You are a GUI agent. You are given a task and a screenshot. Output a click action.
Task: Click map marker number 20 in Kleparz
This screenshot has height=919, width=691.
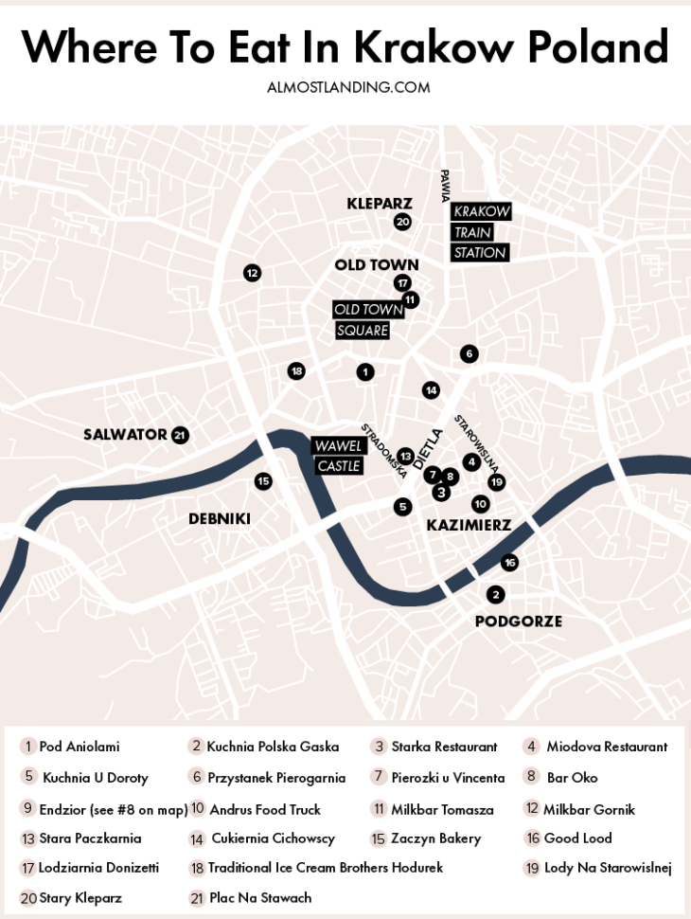(402, 222)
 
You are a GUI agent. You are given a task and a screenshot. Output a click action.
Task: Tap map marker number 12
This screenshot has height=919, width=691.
(252, 273)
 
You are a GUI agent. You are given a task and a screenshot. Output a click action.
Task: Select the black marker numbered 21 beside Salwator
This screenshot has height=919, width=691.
(180, 435)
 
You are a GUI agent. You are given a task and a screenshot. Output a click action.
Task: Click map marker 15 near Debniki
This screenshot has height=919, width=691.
(263, 481)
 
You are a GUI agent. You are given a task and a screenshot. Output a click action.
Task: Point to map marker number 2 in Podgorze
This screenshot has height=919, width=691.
(495, 595)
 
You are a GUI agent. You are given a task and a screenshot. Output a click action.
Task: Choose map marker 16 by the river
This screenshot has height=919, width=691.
(509, 562)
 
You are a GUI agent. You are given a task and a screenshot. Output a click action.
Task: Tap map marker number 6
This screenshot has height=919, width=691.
(469, 353)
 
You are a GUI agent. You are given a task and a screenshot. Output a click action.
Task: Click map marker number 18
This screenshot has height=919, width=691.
(296, 370)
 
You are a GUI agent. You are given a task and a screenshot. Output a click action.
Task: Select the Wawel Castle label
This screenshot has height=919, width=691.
(338, 456)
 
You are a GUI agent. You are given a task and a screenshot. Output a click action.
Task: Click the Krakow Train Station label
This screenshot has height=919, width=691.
(481, 232)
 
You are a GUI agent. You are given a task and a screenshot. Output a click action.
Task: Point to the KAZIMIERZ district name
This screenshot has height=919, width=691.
(469, 525)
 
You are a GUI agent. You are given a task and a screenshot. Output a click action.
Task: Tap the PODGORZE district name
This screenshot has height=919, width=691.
(518, 622)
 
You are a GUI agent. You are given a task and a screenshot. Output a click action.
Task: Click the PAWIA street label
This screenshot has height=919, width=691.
(444, 186)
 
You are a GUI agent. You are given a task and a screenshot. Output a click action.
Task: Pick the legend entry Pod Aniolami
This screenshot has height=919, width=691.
(79, 747)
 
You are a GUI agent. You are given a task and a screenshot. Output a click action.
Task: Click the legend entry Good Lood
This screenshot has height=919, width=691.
(577, 838)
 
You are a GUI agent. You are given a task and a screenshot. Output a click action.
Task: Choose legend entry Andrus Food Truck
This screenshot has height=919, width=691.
(264, 809)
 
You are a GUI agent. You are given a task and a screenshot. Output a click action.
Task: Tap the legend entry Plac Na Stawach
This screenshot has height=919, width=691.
(259, 897)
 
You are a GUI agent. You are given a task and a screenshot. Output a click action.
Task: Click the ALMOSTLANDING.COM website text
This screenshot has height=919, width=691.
(348, 87)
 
